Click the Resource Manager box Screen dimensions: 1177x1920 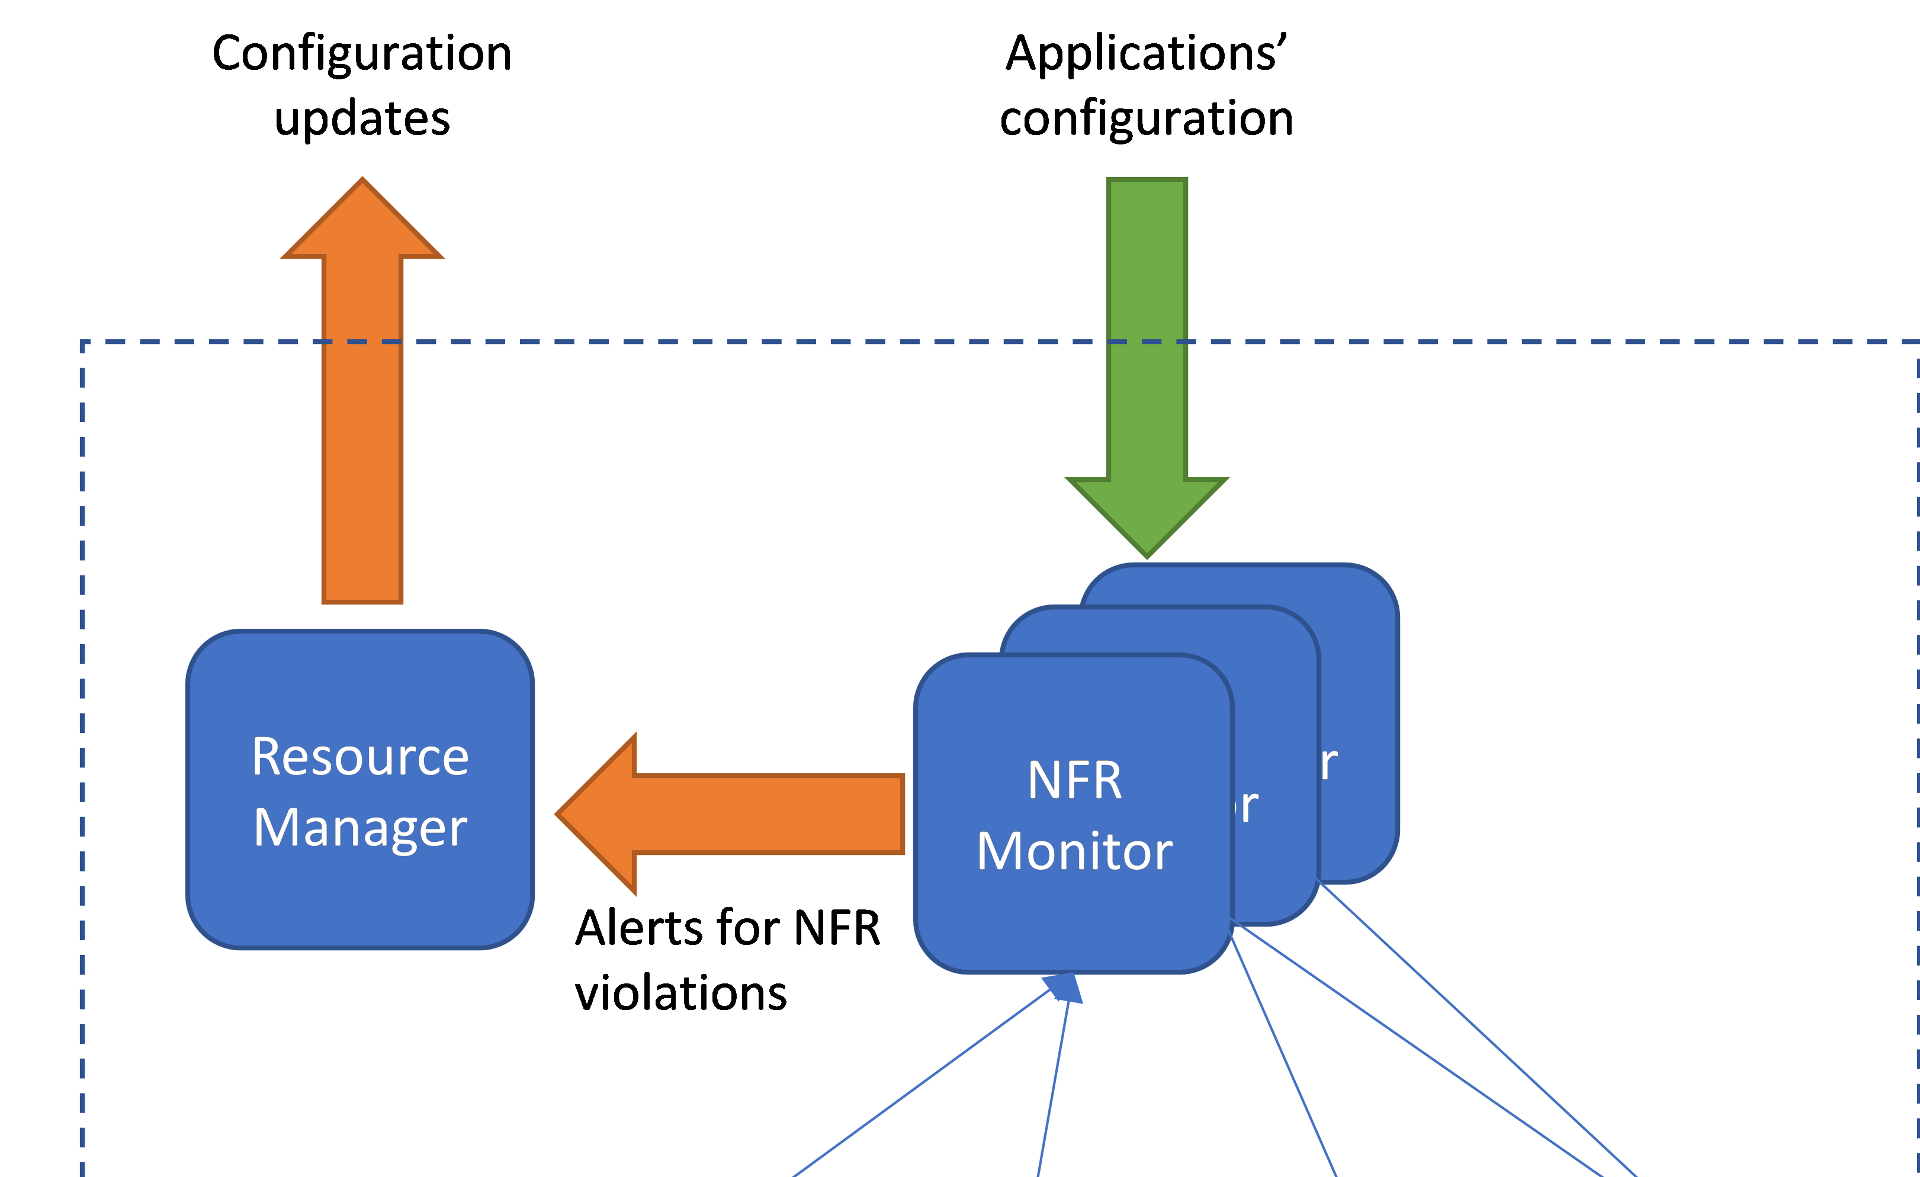pyautogui.click(x=360, y=896)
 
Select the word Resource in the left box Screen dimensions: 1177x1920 pyautogui.click(x=360, y=757)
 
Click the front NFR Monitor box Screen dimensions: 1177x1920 pyautogui.click(x=1073, y=919)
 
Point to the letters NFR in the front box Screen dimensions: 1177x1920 pyautogui.click(x=1074, y=780)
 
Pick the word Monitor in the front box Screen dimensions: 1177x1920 pyautogui.click(x=1074, y=851)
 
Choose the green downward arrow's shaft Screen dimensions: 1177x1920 pyautogui.click(x=1147, y=327)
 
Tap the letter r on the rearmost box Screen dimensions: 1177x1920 pyautogui.click(x=1328, y=763)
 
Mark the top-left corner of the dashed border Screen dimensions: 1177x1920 pyautogui.click(x=82, y=342)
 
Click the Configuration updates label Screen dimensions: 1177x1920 pyautogui.click(x=362, y=86)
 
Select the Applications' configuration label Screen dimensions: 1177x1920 pyautogui.click(x=1147, y=86)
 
